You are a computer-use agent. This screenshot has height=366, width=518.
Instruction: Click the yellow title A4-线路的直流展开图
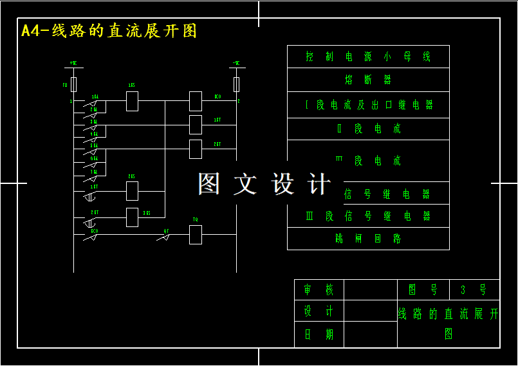point(109,31)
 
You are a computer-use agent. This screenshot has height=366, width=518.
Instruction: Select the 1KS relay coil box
point(132,101)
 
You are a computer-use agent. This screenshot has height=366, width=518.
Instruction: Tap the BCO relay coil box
point(196,101)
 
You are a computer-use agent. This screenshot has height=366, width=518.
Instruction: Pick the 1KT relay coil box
point(196,124)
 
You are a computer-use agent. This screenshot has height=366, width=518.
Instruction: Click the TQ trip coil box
point(196,235)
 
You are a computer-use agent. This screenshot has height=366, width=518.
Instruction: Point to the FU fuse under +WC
point(74,84)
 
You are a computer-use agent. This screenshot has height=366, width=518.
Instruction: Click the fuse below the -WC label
point(237,84)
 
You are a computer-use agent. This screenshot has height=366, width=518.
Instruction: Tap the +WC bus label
point(73,64)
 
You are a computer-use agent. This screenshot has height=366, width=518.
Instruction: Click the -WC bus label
point(236,64)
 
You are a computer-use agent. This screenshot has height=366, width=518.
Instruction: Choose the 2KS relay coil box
point(132,191)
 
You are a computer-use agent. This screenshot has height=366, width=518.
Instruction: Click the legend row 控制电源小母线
point(368,57)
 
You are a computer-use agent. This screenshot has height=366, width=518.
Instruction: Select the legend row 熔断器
point(368,80)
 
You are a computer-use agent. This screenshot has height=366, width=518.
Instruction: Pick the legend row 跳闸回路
point(368,239)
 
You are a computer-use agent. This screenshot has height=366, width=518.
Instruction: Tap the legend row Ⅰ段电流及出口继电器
point(368,105)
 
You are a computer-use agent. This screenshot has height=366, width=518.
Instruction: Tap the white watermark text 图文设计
point(264,184)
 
